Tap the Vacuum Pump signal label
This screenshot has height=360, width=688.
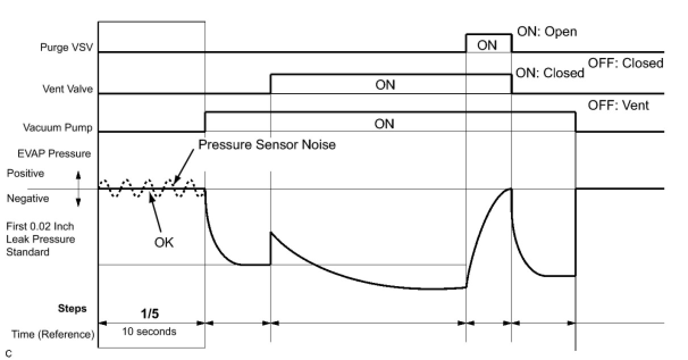click(58, 128)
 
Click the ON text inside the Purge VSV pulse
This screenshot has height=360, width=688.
click(487, 45)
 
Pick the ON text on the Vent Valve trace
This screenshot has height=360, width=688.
click(385, 85)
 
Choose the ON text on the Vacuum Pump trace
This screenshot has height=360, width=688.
click(384, 124)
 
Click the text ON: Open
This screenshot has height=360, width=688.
click(547, 32)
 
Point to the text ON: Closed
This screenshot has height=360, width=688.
click(549, 73)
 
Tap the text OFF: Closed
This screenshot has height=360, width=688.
click(626, 63)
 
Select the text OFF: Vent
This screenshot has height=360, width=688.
click(618, 106)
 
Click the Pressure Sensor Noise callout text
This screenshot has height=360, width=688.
click(267, 145)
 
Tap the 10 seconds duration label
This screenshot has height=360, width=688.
click(149, 332)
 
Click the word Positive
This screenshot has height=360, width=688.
click(25, 173)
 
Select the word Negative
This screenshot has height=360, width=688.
click(27, 199)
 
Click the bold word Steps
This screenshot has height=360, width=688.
click(72, 309)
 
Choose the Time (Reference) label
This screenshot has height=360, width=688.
click(53, 334)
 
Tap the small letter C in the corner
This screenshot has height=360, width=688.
click(9, 353)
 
